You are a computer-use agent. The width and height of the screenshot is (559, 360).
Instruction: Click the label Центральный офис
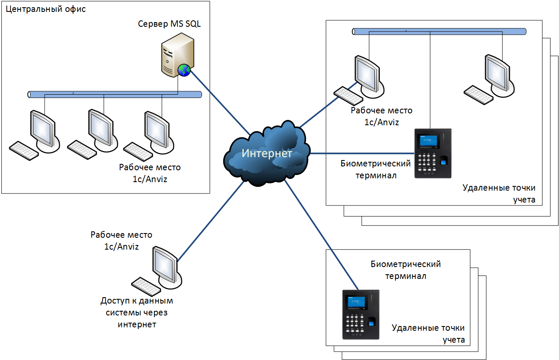[x=46, y=9]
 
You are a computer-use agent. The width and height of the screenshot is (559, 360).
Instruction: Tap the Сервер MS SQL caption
[x=169, y=24]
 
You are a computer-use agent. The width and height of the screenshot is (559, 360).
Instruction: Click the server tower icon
[x=177, y=55]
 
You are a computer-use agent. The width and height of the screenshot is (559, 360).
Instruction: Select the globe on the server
[x=184, y=70]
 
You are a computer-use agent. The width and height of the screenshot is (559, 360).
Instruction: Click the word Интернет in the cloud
[x=267, y=153]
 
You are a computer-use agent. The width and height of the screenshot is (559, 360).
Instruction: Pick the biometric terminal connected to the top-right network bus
[x=433, y=153]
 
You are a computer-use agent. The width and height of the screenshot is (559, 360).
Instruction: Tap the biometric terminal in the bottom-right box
[x=361, y=315]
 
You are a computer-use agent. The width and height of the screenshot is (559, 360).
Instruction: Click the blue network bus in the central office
[x=115, y=95]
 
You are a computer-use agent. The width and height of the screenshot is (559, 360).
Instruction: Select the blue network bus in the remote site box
[x=439, y=31]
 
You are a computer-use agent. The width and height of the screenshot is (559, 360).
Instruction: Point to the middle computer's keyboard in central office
[x=82, y=149]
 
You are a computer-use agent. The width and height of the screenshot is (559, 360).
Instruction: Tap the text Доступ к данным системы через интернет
[x=137, y=312]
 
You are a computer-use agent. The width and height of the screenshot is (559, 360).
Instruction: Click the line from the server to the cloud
[x=220, y=103]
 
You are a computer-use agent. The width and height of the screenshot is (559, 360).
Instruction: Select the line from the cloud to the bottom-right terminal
[x=321, y=235]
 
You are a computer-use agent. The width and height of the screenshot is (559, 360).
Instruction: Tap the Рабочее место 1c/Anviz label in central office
[x=150, y=173]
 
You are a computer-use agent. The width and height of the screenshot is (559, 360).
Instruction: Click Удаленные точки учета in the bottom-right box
[x=428, y=334]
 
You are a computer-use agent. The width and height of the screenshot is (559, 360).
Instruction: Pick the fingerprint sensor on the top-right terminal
[x=443, y=161]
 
